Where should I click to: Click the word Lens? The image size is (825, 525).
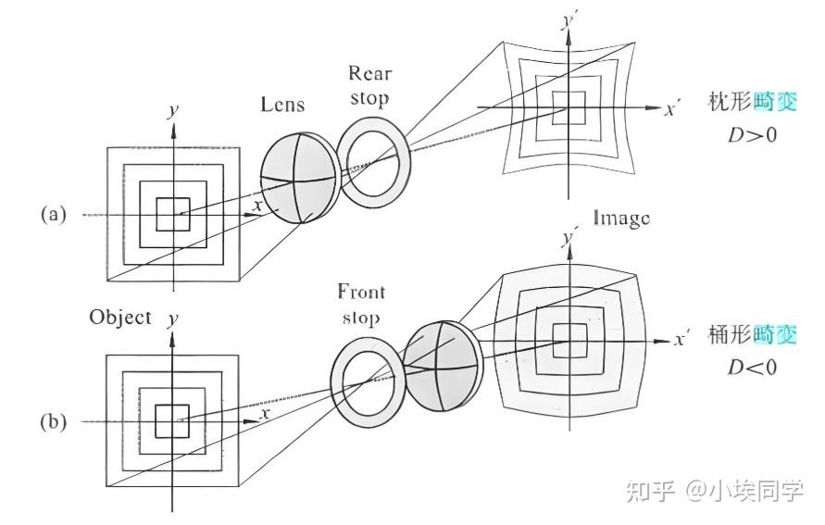[x=283, y=106]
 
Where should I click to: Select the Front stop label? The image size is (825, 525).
[x=362, y=304]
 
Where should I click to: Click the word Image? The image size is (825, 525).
[x=621, y=219]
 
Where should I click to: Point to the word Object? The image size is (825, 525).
[x=120, y=317]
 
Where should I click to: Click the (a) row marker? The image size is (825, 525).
[x=53, y=214]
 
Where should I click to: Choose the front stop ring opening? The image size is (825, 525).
[x=368, y=377]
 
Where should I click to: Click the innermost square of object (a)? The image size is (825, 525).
[x=172, y=214]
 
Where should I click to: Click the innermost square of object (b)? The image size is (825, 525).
[x=172, y=421]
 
